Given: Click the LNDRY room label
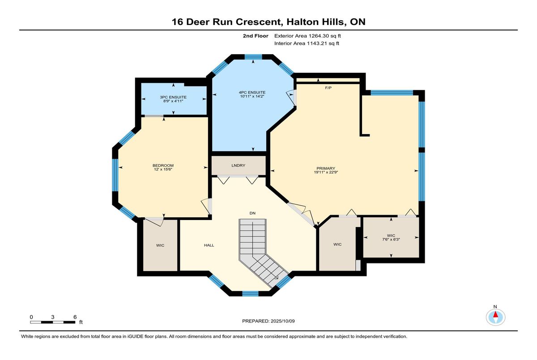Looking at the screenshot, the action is (238, 165).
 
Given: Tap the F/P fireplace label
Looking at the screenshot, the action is (328, 88).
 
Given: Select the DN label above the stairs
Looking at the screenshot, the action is (252, 213).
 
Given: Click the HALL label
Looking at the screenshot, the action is (209, 245).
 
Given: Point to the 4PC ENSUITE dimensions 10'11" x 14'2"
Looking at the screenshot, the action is (252, 96).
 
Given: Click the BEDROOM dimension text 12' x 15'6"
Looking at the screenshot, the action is (163, 169).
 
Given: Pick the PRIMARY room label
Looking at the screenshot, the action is (326, 169).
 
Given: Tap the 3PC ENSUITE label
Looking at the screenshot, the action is (173, 97).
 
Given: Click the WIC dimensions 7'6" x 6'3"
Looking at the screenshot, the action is (391, 239).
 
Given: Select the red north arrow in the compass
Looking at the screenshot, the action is (495, 314).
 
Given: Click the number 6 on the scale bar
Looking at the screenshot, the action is (75, 317).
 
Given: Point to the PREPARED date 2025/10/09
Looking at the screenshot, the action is (283, 321).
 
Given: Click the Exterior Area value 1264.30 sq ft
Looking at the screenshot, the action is (324, 36).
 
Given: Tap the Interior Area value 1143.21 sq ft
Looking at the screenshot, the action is (323, 43).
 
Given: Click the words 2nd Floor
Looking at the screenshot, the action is (256, 36).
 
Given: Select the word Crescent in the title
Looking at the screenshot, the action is (258, 22).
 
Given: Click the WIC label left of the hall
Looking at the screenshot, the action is (160, 246).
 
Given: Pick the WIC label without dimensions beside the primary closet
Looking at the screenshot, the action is (337, 244).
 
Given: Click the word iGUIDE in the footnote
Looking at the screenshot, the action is (135, 337).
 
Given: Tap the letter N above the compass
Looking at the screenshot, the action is (495, 307).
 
